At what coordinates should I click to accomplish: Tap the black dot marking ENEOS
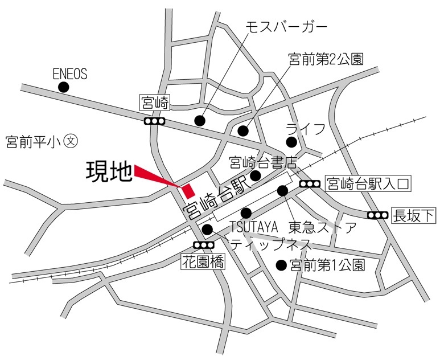(64, 87)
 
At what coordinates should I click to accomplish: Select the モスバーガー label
(286, 27)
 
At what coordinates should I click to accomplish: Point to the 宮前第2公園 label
(326, 59)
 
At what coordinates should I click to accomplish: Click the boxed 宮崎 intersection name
(154, 103)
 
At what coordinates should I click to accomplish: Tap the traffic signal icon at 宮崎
(154, 121)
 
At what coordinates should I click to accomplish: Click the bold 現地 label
(108, 171)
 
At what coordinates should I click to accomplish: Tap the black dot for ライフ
(291, 142)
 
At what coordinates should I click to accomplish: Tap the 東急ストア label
(322, 227)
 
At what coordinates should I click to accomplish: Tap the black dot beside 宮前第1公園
(280, 265)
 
